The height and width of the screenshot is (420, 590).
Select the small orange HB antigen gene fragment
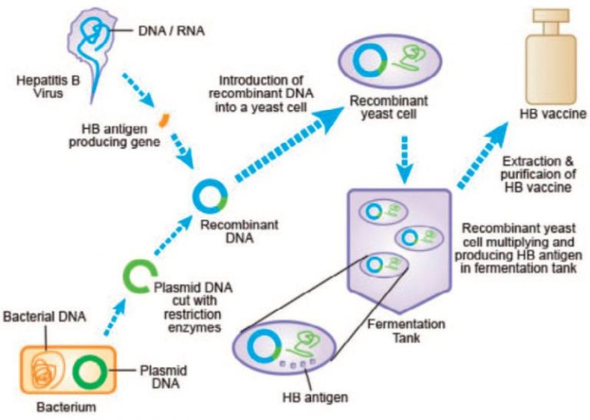(163, 121)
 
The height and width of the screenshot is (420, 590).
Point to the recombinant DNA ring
(209, 198)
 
